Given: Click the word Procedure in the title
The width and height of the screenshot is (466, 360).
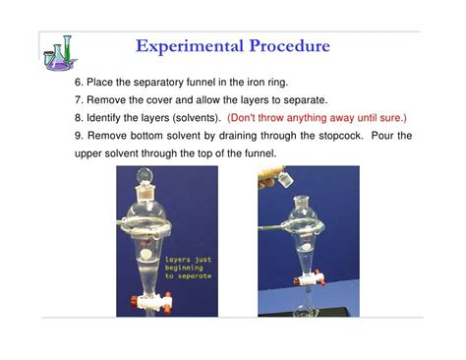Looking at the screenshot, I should tap(285, 46).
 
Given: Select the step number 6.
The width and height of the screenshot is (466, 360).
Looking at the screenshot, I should tap(78, 83).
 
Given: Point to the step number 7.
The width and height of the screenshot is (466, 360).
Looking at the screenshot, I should tap(78, 100).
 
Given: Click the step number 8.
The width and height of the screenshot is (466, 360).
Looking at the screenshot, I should tap(78, 118).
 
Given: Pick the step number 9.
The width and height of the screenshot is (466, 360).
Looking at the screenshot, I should tap(78, 136).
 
